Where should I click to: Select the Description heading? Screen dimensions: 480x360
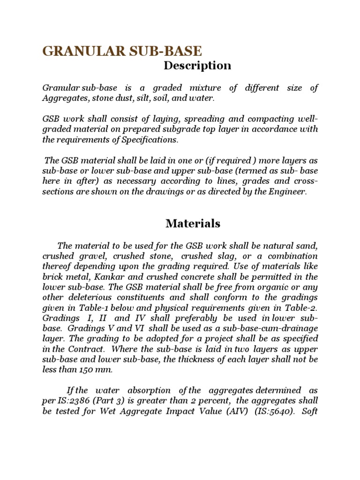coord(197,66)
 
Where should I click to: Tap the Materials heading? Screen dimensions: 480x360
coord(193,224)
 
